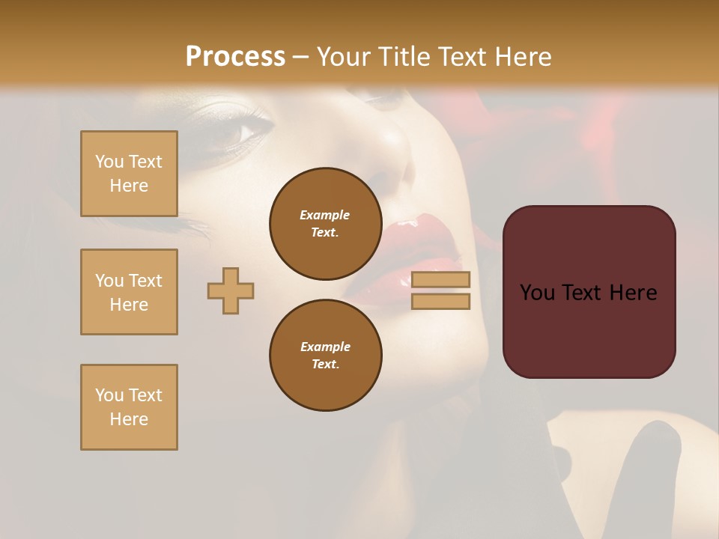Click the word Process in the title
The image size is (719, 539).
click(x=235, y=57)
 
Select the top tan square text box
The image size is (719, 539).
click(x=129, y=174)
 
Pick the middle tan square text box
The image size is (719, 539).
click(x=129, y=292)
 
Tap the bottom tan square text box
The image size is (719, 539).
click(x=129, y=407)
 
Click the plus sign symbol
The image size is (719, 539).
click(x=231, y=290)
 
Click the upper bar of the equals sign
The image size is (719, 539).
click(x=441, y=279)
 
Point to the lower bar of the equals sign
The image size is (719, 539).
click(x=441, y=301)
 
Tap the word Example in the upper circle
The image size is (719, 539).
click(x=325, y=216)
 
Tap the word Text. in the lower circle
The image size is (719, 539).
click(x=325, y=365)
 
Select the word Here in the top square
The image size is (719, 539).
click(x=129, y=186)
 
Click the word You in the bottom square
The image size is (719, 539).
click(x=109, y=395)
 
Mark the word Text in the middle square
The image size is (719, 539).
click(x=145, y=281)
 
